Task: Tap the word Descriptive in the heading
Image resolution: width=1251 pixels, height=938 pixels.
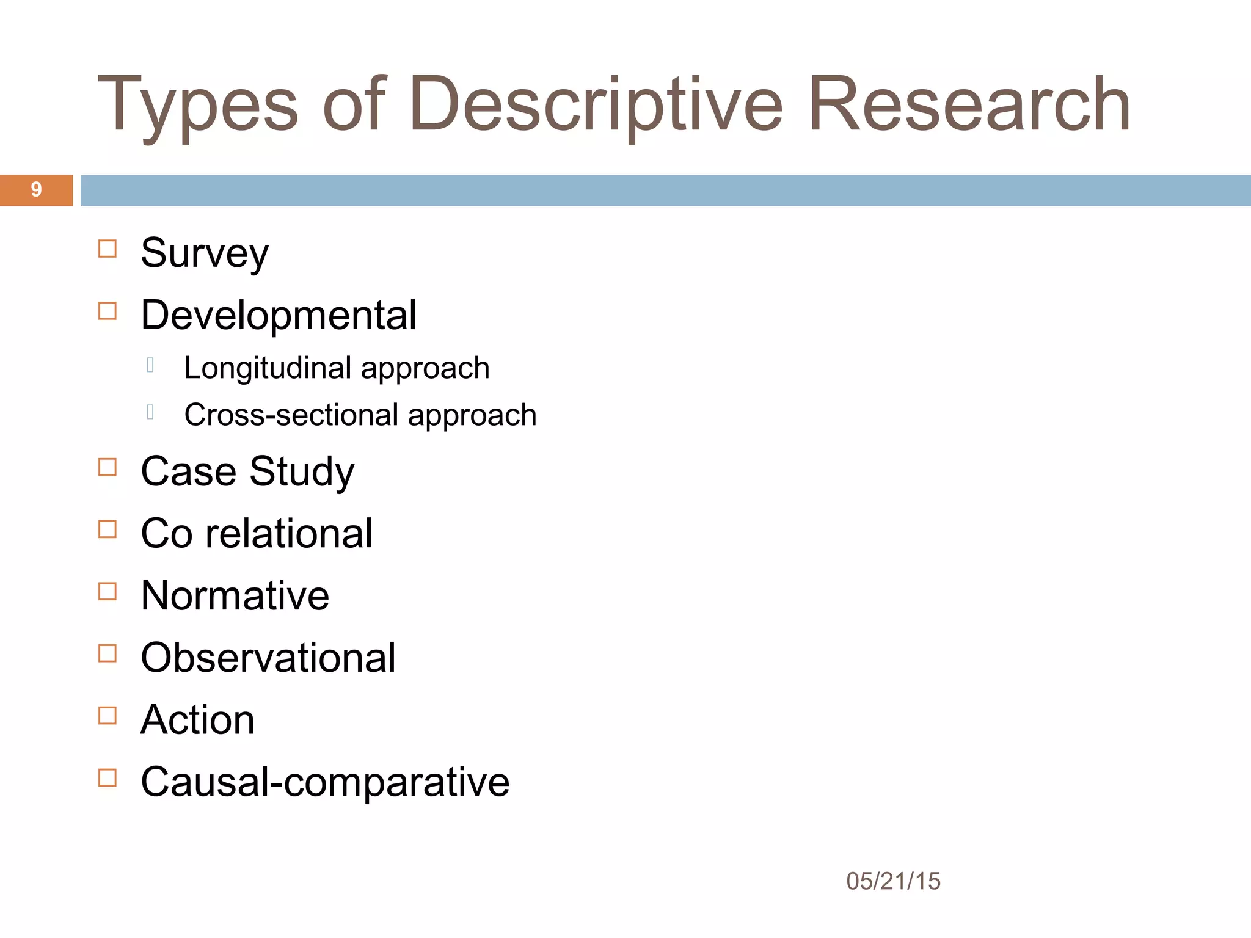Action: click(x=596, y=105)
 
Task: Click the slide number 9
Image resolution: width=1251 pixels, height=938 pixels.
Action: click(x=36, y=190)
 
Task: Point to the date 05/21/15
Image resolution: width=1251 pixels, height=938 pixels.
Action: click(x=893, y=881)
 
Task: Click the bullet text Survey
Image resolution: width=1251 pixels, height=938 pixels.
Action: click(x=205, y=253)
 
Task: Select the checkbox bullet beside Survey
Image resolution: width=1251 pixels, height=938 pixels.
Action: click(x=108, y=249)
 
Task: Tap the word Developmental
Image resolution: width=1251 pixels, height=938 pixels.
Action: click(x=279, y=316)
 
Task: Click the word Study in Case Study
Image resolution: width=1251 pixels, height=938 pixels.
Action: click(x=302, y=472)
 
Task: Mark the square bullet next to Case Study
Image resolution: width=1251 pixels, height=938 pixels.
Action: click(x=108, y=467)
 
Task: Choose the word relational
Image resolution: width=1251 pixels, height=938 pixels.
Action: click(x=289, y=534)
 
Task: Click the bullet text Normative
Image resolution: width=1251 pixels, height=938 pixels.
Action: click(x=235, y=596)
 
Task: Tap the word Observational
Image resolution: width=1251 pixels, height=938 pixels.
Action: click(x=268, y=658)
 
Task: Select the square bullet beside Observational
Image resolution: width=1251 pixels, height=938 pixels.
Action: click(x=108, y=653)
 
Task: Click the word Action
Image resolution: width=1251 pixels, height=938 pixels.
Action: click(x=197, y=720)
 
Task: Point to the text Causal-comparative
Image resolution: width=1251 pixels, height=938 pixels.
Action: click(x=325, y=782)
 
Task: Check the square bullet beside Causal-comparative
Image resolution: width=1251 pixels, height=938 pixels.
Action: click(x=108, y=778)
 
